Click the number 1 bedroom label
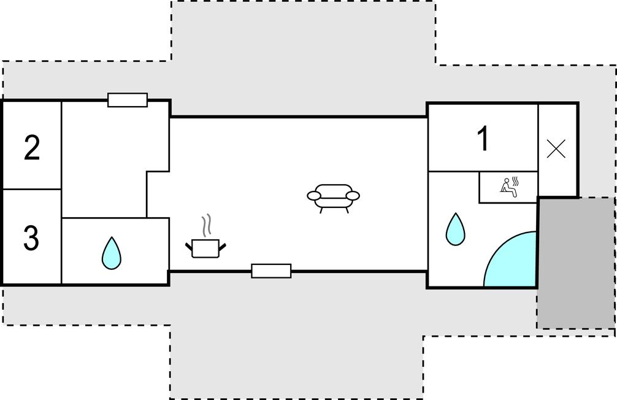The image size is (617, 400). pos(483,138)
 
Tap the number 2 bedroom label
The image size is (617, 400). pos(32,148)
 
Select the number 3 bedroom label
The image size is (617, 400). pos(31,237)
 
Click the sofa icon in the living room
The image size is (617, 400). pos(333,198)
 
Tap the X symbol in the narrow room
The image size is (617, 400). pos(556,149)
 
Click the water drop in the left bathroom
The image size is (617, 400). pos(112,253)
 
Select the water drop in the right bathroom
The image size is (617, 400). pos(455,229)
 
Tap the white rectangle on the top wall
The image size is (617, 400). pos(128,100)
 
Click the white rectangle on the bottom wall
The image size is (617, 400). pos(271,271)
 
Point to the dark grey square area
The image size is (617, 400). pos(576,263)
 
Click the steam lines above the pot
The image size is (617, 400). pos(207,226)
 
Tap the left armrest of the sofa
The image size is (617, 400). pos(315,195)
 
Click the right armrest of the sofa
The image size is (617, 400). pos(352,195)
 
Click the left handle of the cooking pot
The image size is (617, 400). pos(189,247)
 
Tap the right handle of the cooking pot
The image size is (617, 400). pos(222,247)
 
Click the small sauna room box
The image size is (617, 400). pos(508,187)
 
